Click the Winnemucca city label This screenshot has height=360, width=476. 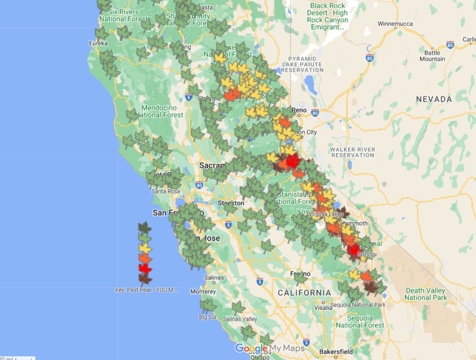coord(398,24)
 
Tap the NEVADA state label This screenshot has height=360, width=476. coord(434,99)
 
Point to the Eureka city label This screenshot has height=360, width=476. coord(98,43)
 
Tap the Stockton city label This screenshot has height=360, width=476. coord(231,203)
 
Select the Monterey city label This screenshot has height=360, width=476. coord(203,292)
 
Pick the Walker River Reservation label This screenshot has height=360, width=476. coord(352,152)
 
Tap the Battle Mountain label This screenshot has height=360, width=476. coord(432,56)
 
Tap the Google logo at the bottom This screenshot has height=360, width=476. coord(251,348)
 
